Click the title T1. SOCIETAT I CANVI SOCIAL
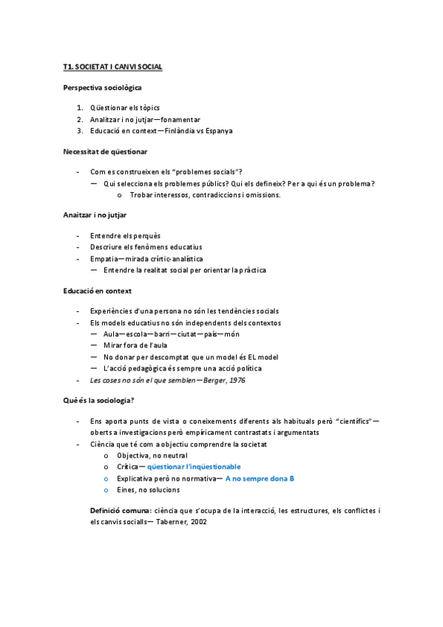(x=112, y=67)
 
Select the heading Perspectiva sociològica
(x=102, y=87)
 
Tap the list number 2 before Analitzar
(x=80, y=119)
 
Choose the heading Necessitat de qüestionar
(x=105, y=152)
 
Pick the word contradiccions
(x=224, y=195)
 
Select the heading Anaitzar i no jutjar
(x=95, y=215)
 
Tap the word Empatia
(x=103, y=259)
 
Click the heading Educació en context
(x=97, y=291)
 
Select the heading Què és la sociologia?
(x=98, y=400)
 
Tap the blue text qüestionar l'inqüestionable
(x=194, y=467)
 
